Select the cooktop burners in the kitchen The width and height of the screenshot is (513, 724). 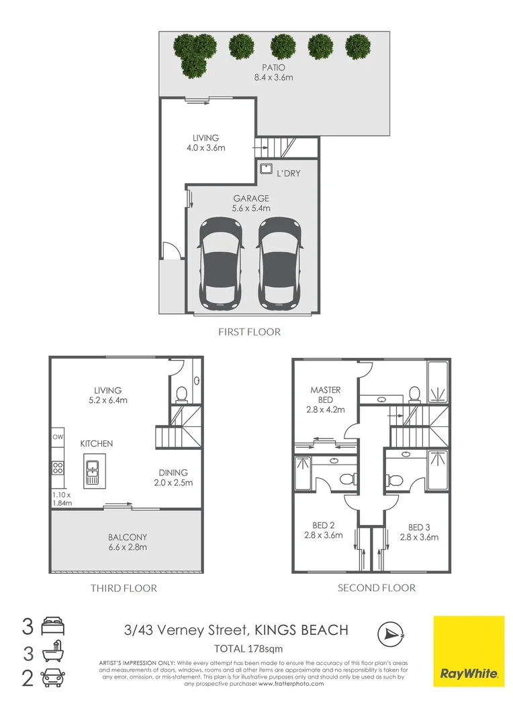point(57,468)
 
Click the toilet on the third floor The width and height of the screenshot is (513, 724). point(180,394)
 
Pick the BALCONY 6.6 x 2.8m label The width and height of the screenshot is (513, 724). point(128,542)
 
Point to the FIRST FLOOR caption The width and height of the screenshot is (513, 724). point(249,331)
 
